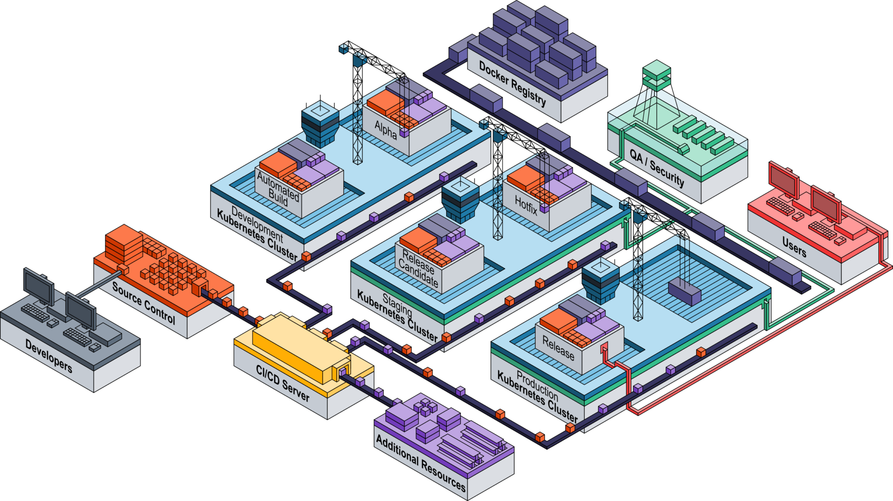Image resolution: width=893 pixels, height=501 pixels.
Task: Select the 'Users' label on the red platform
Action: click(x=794, y=247)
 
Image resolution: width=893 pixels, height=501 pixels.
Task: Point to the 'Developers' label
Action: click(x=49, y=356)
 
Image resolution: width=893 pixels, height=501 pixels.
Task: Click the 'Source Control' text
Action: click(x=144, y=303)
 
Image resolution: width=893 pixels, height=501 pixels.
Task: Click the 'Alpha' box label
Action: click(x=386, y=130)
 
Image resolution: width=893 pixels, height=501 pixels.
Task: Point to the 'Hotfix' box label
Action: click(x=526, y=204)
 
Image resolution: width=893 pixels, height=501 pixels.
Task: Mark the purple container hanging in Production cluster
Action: click(x=684, y=292)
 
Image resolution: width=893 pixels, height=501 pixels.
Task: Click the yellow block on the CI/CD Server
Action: click(x=300, y=347)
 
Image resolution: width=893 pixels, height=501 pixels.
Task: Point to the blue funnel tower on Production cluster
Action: click(x=600, y=281)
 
